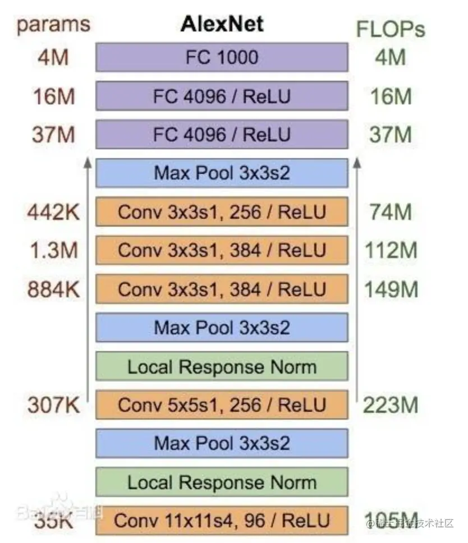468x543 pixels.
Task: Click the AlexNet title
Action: (222, 24)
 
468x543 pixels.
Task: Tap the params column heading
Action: (53, 25)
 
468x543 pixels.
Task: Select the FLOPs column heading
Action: (391, 29)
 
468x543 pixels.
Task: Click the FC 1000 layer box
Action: (222, 57)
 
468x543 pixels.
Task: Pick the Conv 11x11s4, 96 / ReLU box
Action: (222, 520)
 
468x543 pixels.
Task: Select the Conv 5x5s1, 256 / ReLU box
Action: (222, 404)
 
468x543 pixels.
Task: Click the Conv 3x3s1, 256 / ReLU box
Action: (222, 211)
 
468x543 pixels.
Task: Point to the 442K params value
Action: (54, 212)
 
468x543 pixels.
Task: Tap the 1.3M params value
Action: (54, 250)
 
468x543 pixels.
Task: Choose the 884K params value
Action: (54, 289)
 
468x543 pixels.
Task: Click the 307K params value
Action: (54, 405)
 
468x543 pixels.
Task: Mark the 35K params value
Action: (54, 521)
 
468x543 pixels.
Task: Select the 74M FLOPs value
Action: (391, 212)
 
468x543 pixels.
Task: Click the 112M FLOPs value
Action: (391, 250)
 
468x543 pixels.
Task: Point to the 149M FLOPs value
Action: (391, 289)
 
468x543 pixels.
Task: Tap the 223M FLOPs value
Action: (391, 405)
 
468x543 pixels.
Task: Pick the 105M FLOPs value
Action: (391, 521)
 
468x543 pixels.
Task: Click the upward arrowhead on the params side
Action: (88, 163)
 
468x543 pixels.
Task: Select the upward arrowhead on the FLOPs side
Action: (357, 163)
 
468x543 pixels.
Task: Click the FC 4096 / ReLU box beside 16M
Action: (222, 96)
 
